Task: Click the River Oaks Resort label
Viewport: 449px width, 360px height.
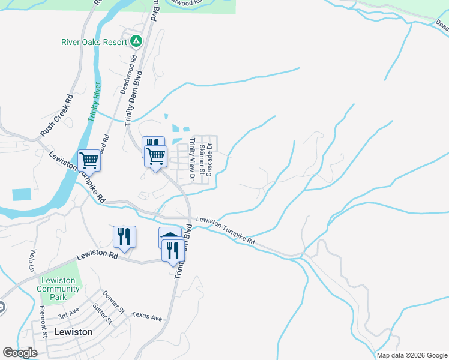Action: point(94,42)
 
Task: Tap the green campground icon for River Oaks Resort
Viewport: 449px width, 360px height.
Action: point(136,42)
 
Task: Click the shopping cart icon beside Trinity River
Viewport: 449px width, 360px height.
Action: point(89,160)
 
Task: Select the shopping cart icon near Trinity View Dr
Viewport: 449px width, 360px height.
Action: point(157,155)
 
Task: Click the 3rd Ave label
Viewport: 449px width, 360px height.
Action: point(68,314)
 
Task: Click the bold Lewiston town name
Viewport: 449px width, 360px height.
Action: point(73,332)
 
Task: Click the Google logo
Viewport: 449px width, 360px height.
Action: point(20,352)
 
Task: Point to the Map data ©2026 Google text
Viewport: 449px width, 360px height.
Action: point(411,355)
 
